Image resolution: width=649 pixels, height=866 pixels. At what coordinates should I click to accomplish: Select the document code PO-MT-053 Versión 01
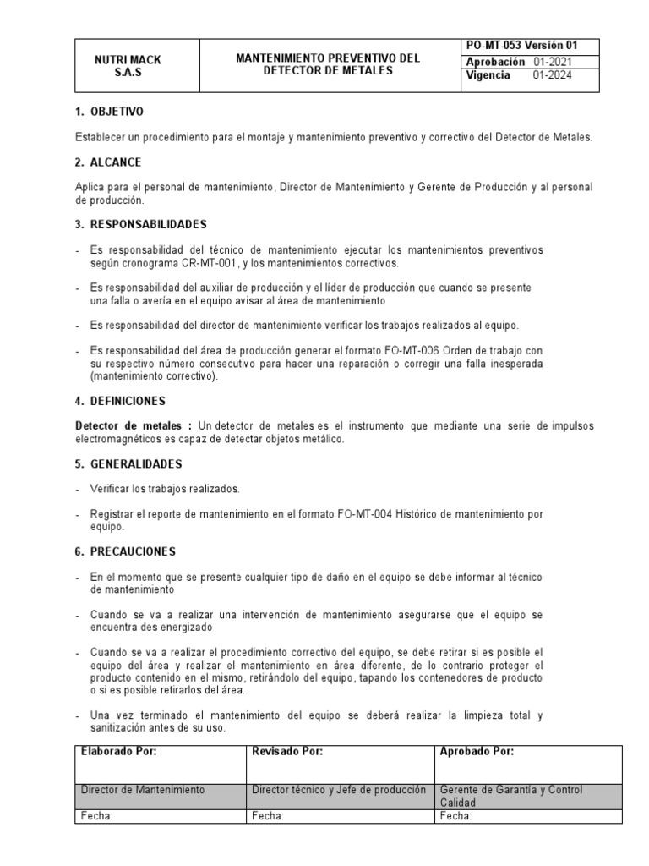tap(521, 46)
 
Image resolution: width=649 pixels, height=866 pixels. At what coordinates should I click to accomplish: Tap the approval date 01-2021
tap(552, 62)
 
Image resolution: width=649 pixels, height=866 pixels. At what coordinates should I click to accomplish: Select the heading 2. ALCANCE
tap(108, 162)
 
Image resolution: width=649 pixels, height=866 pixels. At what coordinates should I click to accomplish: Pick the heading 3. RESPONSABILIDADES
tap(141, 224)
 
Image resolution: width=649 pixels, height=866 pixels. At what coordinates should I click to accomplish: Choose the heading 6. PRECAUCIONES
tap(125, 551)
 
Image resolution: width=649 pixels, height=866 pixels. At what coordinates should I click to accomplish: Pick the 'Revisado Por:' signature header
tap(288, 751)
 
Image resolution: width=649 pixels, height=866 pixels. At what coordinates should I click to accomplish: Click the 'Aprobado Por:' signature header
tap(477, 751)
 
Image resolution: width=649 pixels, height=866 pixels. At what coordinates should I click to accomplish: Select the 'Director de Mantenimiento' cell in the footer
tap(143, 790)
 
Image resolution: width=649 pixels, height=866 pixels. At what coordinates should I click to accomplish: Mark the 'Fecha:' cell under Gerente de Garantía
tap(456, 817)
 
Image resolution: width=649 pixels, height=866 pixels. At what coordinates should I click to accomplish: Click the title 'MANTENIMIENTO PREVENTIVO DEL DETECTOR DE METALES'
tap(327, 64)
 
